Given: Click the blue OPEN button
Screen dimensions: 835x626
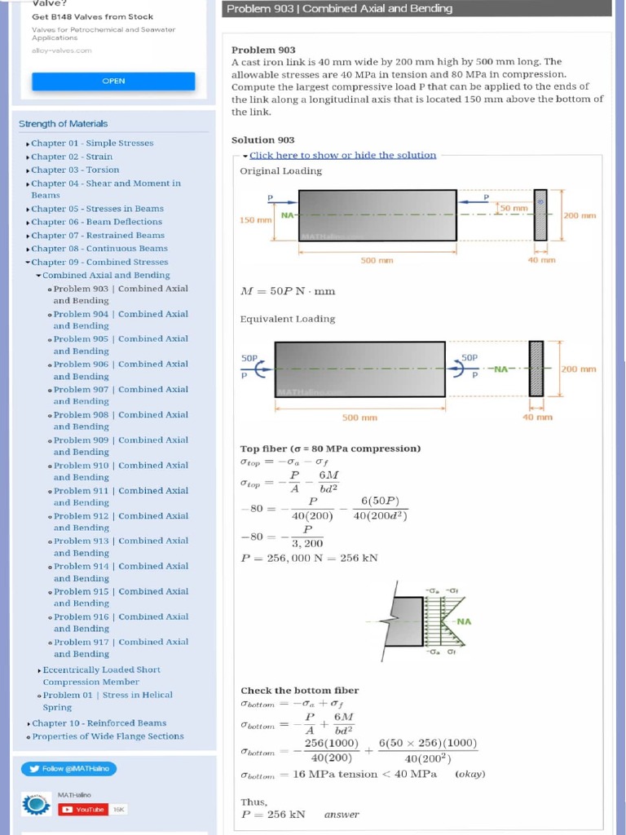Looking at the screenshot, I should click(113, 82).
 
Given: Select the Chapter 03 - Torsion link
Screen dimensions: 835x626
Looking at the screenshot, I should click(75, 170).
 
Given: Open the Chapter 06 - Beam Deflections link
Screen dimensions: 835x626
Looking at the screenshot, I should click(96, 222).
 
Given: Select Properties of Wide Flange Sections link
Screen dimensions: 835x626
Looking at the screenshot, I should click(108, 736).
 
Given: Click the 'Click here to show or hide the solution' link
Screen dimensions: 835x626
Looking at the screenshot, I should click(342, 155).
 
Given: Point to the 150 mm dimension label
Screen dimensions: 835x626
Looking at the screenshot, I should click(255, 220).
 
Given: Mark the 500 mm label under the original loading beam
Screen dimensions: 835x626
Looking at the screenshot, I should click(377, 260).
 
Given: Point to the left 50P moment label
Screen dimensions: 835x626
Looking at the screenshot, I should click(249, 358).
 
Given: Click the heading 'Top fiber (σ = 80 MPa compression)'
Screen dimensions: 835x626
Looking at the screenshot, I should click(330, 448).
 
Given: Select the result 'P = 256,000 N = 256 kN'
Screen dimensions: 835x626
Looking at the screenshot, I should click(309, 559).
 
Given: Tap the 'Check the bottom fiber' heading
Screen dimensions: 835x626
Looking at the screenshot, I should click(299, 691).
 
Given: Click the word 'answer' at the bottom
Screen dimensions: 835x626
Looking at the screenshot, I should click(341, 815).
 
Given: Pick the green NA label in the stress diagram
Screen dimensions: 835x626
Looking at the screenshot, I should click(463, 621).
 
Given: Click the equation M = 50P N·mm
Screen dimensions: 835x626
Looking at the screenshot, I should click(288, 291).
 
